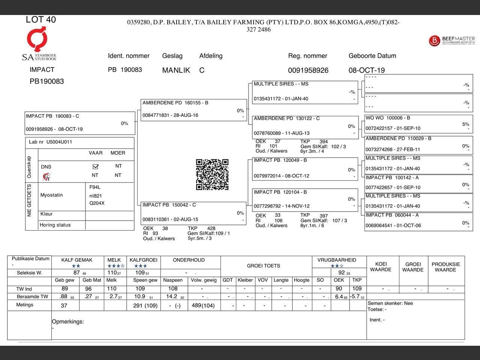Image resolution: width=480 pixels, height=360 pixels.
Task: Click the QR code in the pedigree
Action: coord(212,174)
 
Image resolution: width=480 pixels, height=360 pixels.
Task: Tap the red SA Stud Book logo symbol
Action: coord(37,39)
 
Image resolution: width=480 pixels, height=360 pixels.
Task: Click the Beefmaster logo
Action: coord(451,40)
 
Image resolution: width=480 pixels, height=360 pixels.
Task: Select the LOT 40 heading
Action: coord(41,19)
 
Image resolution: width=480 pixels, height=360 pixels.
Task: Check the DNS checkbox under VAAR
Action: coord(95,166)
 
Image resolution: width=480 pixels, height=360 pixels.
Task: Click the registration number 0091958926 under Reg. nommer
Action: coord(308,70)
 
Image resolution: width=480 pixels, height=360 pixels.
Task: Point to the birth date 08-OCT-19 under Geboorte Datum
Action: coord(367,70)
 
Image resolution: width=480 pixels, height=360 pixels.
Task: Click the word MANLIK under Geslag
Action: coord(176,70)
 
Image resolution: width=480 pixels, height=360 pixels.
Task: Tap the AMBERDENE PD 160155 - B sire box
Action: coord(193,109)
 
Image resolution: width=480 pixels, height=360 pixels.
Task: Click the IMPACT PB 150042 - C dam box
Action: coord(193,213)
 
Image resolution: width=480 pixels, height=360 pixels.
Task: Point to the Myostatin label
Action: coord(52,195)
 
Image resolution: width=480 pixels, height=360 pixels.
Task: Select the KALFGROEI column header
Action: coord(143,260)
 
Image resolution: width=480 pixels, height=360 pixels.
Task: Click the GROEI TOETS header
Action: coord(264,266)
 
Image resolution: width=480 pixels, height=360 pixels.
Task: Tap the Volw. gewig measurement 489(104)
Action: coord(203,306)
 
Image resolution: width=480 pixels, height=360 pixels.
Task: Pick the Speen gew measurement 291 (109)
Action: coord(145,306)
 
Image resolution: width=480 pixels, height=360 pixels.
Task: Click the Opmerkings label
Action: coord(68,322)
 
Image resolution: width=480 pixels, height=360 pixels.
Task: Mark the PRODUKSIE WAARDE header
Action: coord(445,267)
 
